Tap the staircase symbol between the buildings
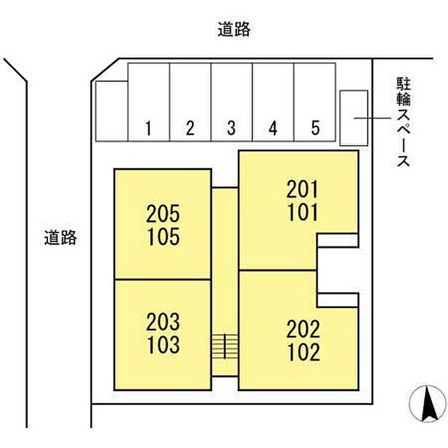pos(225,346)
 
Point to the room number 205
pos(163,212)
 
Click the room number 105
pos(163,237)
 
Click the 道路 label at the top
pos(233,29)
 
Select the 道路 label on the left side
pos(61,238)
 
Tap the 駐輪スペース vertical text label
pos(403,122)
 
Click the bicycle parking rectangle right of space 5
pos(353,118)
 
